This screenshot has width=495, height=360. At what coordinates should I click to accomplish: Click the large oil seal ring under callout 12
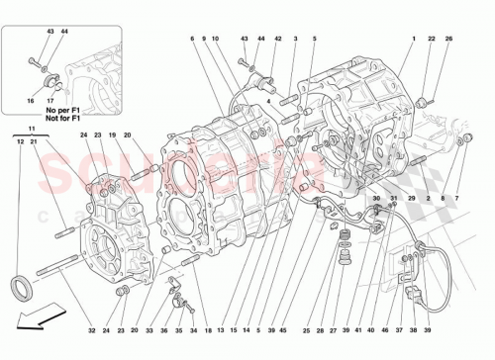(21, 289)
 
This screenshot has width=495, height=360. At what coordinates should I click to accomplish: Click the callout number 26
(448, 38)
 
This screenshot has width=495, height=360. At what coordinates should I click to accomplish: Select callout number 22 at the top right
(432, 38)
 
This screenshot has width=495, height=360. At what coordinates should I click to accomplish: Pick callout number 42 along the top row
(278, 38)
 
